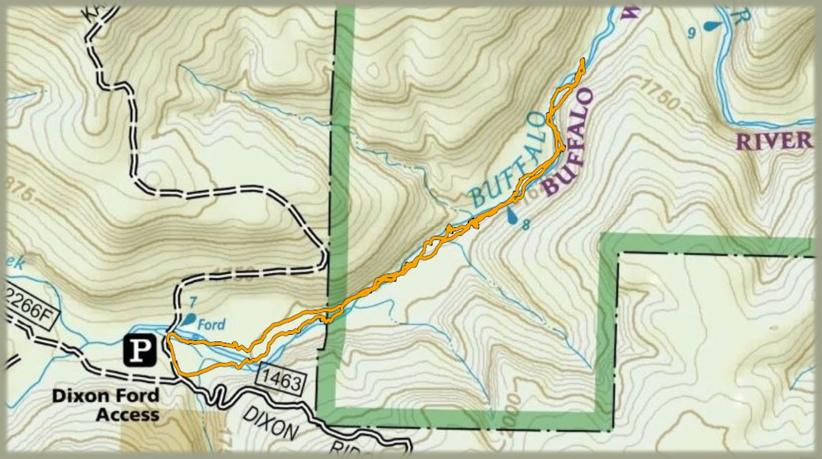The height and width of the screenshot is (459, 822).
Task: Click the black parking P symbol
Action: pos(140,351)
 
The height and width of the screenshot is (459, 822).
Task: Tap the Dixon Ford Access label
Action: pos(106,405)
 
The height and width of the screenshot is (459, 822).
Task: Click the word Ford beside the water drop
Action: pos(212,325)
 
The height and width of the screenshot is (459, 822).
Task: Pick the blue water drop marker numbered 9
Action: pos(712,25)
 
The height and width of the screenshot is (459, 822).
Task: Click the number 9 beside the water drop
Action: pos(692,34)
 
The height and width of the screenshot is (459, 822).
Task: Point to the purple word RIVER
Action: pos(775,141)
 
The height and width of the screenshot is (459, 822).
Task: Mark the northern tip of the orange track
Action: pos(583,60)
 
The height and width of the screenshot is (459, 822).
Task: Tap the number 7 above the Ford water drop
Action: pos(193,300)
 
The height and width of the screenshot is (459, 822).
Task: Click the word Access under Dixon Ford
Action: pos(128,414)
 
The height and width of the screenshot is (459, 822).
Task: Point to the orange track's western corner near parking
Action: pos(168,336)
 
